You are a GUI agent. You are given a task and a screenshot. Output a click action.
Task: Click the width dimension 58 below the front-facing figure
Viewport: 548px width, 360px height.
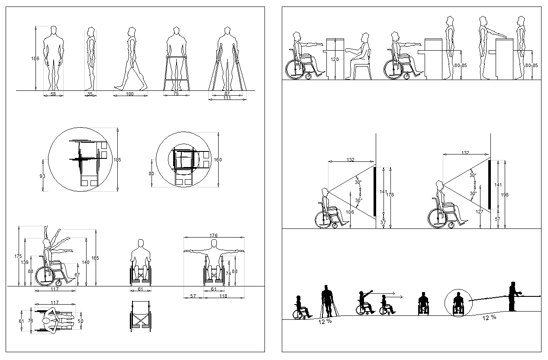click(53, 93)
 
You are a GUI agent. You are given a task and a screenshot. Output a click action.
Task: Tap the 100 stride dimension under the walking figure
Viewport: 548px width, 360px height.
click(130, 93)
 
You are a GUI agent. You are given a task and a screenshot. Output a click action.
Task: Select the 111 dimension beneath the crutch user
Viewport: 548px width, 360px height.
click(227, 98)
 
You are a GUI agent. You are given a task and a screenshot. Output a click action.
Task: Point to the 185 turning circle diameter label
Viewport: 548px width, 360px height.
click(117, 160)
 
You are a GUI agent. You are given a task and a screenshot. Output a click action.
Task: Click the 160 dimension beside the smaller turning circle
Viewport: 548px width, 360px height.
click(218, 160)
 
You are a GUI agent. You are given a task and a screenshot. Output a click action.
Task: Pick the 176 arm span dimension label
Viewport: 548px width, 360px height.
click(213, 235)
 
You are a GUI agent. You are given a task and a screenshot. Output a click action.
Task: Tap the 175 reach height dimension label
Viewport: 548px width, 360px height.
click(18, 256)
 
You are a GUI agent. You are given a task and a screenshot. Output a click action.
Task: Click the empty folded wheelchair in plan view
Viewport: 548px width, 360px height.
click(140, 316)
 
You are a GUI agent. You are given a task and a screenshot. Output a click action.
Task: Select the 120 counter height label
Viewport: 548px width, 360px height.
click(335, 60)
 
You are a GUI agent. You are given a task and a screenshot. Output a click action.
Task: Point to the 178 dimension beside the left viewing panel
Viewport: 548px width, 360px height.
click(390, 195)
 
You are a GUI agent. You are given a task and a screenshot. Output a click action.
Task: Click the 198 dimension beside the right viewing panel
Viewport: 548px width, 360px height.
click(505, 195)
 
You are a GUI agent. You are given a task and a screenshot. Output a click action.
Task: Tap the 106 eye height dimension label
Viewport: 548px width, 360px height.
click(350, 212)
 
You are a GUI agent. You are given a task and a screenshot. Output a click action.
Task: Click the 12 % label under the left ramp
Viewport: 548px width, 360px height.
click(325, 321)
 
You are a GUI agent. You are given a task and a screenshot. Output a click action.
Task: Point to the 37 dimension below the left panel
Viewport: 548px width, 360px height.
click(383, 223)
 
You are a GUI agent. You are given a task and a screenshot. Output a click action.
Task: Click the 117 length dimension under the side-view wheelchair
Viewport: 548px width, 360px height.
click(55, 289)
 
